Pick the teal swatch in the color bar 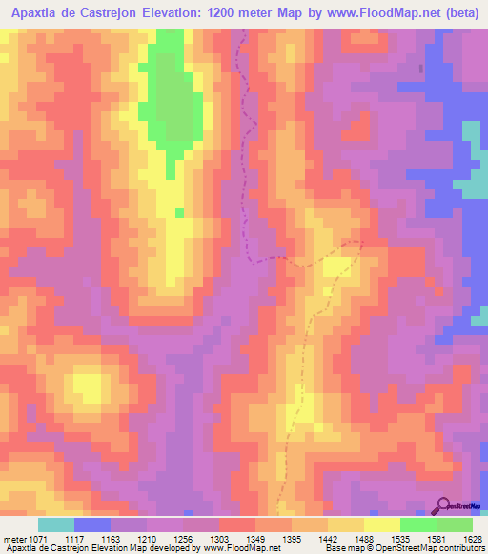(56, 525)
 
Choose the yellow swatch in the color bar (382, 525)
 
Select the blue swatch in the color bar (92, 525)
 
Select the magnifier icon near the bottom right (444, 505)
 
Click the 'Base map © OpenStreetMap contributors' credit (405, 548)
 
